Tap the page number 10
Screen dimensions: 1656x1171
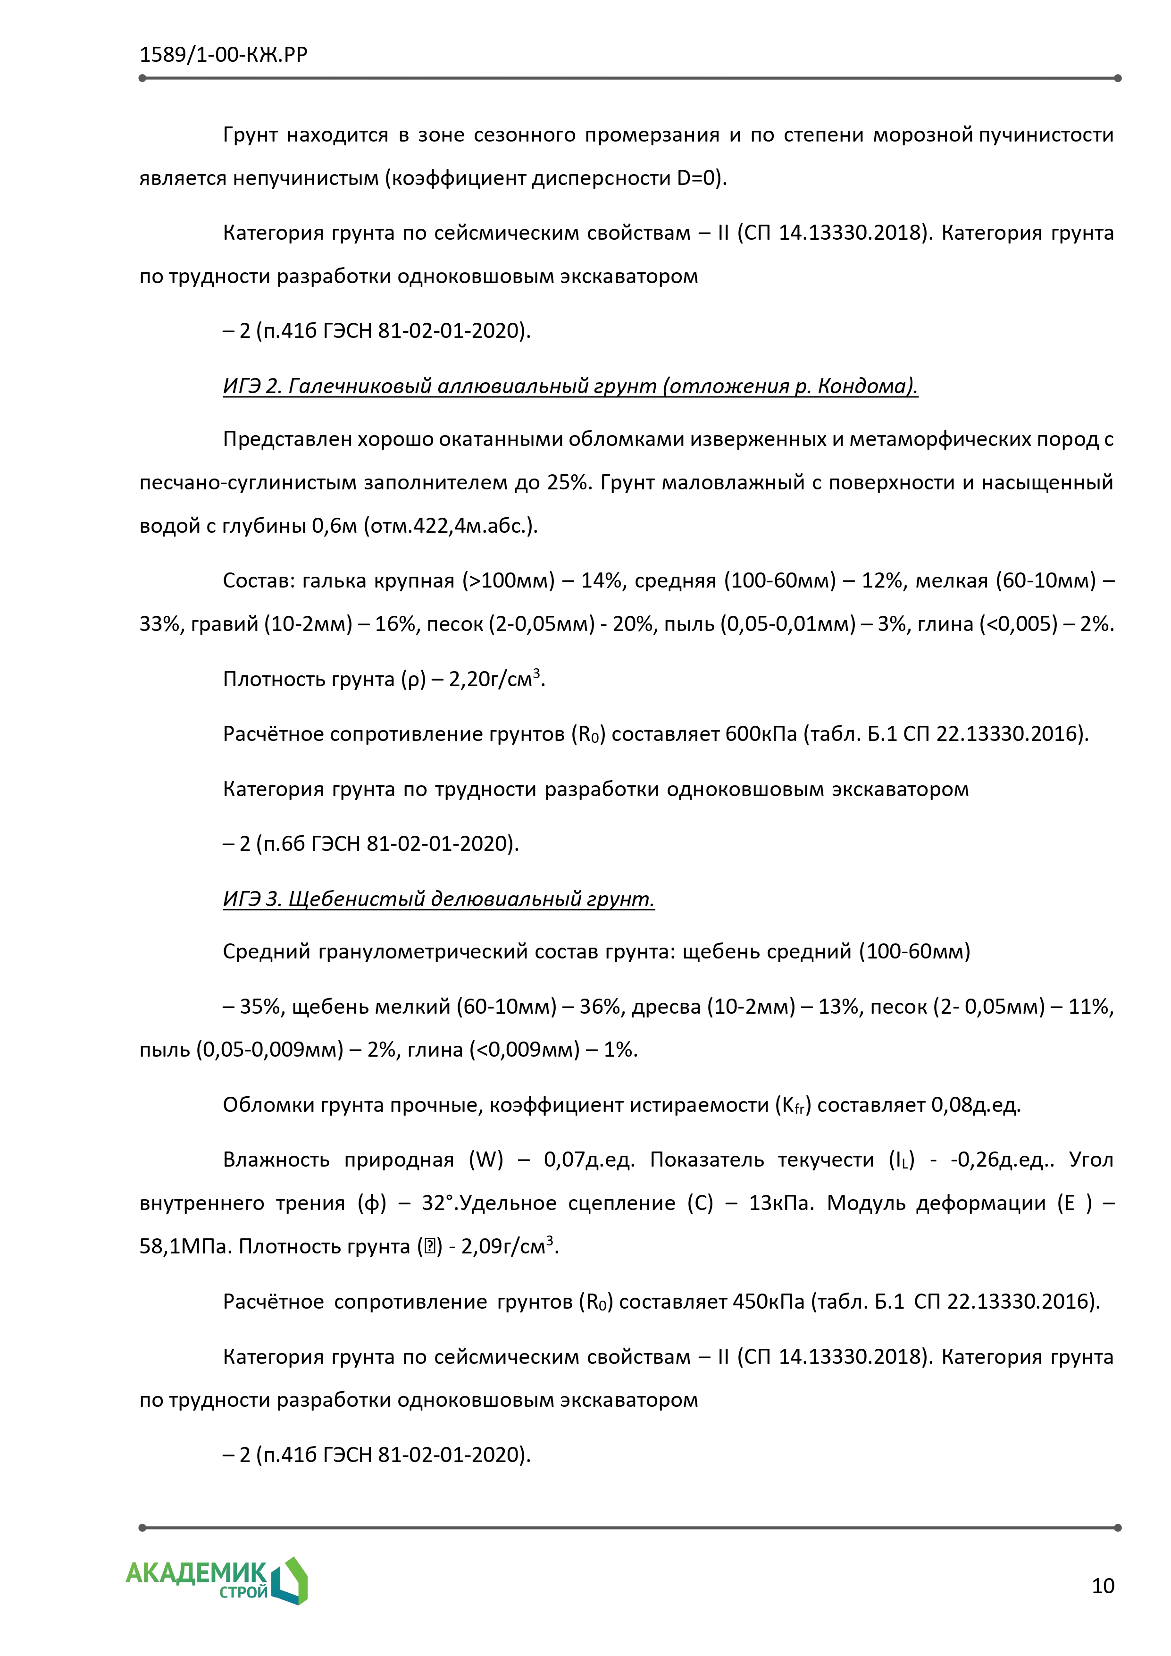tap(1103, 1586)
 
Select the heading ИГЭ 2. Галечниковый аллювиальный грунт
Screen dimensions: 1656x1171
tap(569, 387)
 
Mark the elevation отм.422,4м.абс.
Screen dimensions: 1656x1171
tap(448, 526)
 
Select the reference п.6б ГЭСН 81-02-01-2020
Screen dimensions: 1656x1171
tap(387, 844)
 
